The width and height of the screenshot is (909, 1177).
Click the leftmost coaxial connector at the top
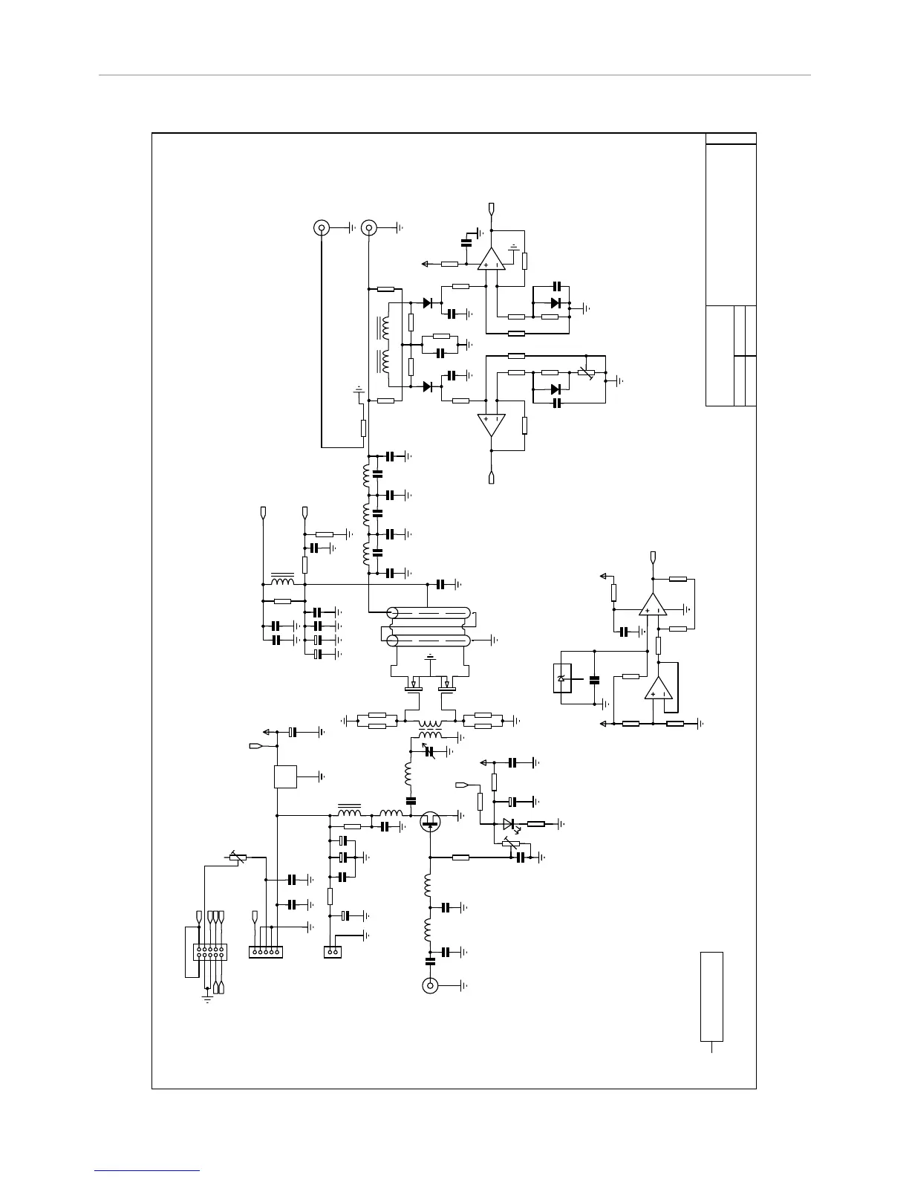click(x=321, y=227)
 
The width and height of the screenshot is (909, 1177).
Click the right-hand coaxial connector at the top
click(x=368, y=227)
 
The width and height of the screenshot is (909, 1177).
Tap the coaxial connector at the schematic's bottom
click(x=430, y=985)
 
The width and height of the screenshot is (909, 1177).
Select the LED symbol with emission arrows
click(x=509, y=824)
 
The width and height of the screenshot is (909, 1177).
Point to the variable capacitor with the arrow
click(x=429, y=751)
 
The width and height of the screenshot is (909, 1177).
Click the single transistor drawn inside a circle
click(x=430, y=821)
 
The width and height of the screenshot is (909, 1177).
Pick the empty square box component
click(x=286, y=776)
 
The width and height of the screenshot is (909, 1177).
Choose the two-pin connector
click(x=332, y=952)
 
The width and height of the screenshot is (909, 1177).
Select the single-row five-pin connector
click(x=266, y=952)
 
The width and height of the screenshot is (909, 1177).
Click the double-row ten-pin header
click(x=210, y=952)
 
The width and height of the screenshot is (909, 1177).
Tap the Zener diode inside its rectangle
click(x=562, y=677)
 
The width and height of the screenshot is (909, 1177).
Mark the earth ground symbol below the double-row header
click(x=208, y=999)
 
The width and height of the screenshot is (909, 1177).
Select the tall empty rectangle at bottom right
click(x=711, y=996)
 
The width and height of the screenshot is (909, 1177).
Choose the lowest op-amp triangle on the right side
click(x=657, y=690)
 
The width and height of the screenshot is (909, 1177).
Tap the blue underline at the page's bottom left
click(x=147, y=1171)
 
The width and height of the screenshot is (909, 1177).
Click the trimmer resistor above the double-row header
click(x=237, y=857)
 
